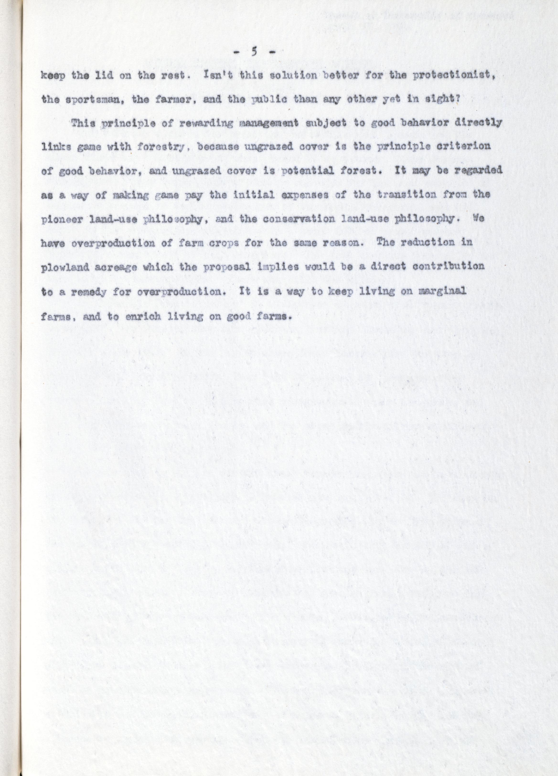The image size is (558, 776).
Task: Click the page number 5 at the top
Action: point(253,52)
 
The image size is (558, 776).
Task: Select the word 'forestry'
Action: point(161,146)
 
